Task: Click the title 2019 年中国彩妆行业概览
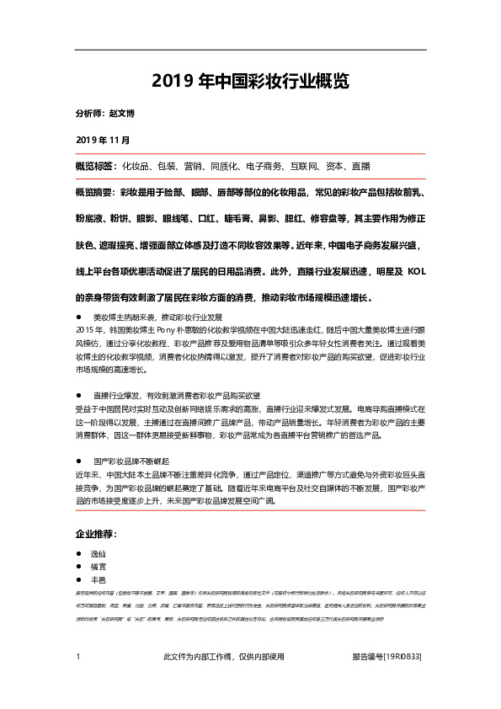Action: [250, 82]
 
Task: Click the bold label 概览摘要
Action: [96, 193]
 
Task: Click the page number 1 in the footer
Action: [77, 657]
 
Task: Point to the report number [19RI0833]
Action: [402, 657]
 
